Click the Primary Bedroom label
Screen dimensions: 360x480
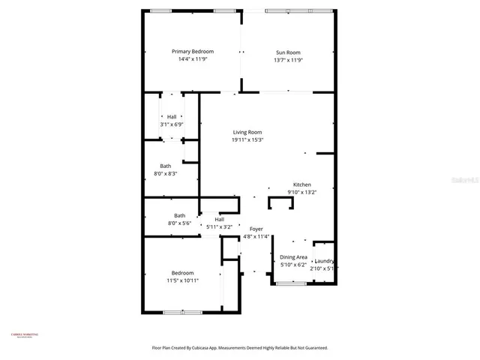[192, 52]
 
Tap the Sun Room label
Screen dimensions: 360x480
[288, 52]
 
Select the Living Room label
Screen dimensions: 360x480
[247, 132]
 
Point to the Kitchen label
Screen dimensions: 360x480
[301, 184]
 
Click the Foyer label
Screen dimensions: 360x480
[256, 229]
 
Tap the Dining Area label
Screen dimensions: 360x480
[294, 257]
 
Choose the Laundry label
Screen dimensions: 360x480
[324, 261]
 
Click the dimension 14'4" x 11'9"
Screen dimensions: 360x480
[192, 59]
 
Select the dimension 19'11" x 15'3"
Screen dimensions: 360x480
[247, 139]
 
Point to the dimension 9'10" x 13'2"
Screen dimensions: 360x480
[301, 192]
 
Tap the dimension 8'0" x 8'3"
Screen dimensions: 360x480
[166, 173]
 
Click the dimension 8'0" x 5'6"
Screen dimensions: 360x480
[180, 223]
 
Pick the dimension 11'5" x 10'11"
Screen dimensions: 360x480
[182, 280]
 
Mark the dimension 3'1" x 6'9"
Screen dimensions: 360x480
[172, 124]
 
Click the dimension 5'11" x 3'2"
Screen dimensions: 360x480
[220, 226]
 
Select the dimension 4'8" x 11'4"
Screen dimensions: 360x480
[256, 236]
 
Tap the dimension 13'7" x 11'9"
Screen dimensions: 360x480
[288, 60]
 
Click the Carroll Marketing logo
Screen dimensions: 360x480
[25, 335]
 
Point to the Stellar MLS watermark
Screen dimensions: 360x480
[466, 181]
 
